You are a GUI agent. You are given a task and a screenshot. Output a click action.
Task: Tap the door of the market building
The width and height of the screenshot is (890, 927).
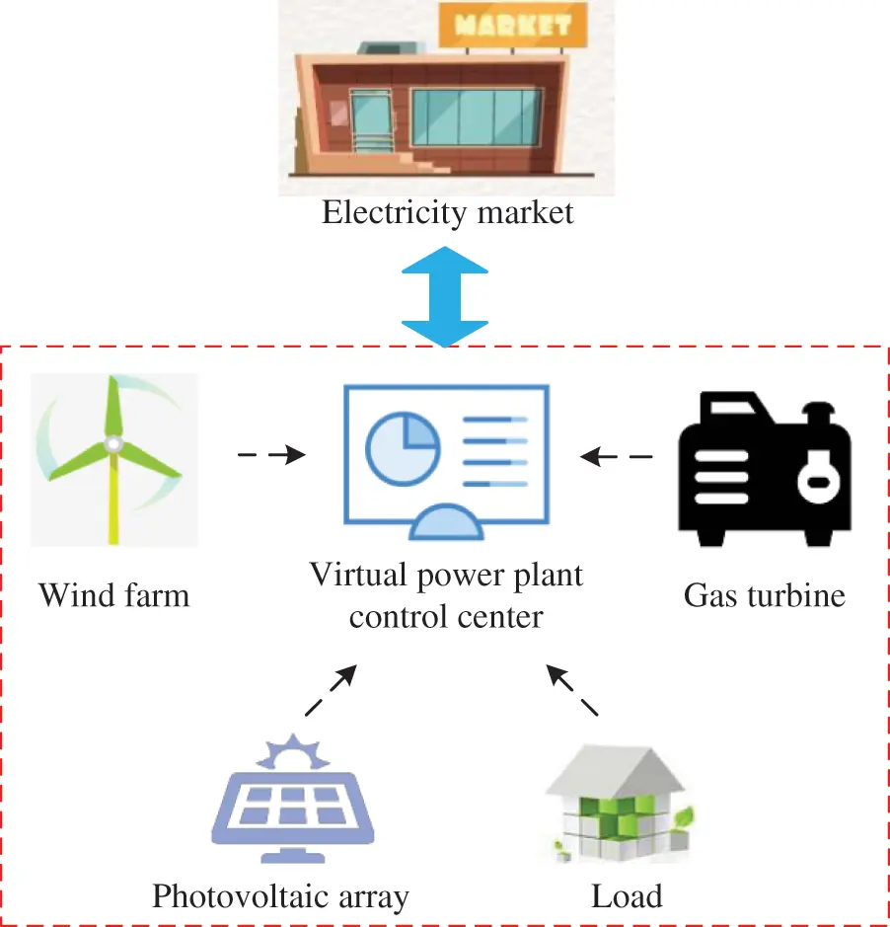(369, 125)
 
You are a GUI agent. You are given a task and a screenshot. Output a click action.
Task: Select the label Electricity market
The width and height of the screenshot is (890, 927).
(447, 212)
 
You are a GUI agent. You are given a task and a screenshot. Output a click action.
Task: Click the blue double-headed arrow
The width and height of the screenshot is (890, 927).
(446, 296)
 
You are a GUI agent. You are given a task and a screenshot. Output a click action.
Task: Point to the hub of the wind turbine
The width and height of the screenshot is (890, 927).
(113, 445)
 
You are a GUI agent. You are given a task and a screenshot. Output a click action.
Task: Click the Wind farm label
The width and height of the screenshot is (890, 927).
(113, 595)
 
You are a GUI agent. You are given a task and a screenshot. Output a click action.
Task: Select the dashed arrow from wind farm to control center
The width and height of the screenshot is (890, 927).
(271, 455)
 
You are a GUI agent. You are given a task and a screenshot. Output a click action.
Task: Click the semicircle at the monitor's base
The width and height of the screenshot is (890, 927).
(446, 520)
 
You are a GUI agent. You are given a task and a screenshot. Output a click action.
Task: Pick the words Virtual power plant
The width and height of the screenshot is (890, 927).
(446, 575)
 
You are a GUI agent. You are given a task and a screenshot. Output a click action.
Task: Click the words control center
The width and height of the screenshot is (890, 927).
(446, 617)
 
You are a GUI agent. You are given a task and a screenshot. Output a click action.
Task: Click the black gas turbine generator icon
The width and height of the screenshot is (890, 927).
(764, 468)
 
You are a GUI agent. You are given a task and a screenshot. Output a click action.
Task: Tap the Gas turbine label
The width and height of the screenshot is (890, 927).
(764, 595)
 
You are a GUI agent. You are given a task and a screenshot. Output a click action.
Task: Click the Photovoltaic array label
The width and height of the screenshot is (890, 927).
(280, 896)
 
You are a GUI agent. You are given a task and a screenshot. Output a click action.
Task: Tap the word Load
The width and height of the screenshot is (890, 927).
(627, 896)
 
